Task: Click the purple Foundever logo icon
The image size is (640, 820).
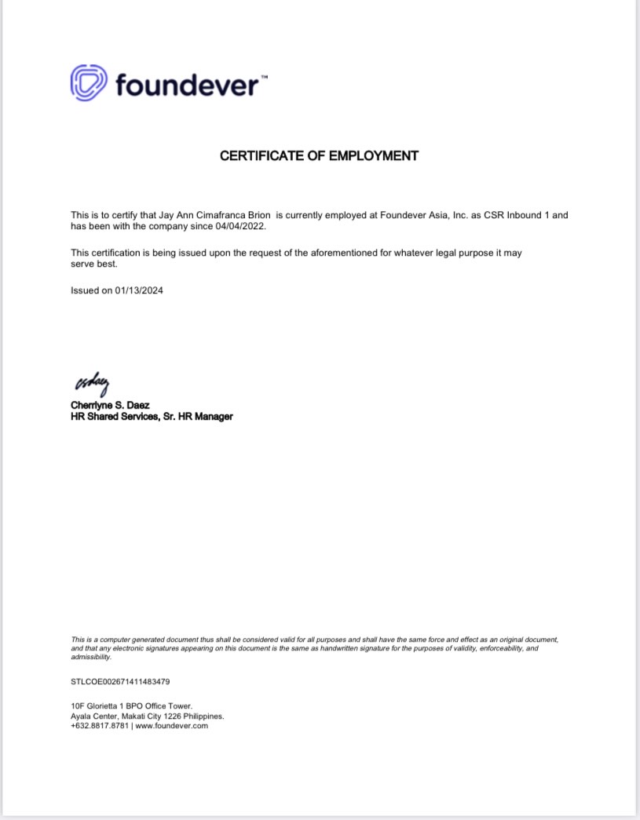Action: click(89, 82)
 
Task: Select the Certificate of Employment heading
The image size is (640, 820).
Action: click(319, 156)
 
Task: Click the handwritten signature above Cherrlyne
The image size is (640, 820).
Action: click(92, 384)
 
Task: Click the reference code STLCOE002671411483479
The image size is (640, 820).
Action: click(120, 682)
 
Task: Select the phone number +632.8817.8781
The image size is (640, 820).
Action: click(100, 726)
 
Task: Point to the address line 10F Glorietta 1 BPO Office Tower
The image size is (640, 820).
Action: click(131, 706)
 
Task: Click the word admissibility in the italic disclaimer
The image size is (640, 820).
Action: click(91, 657)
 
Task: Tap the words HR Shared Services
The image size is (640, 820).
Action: click(107, 417)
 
